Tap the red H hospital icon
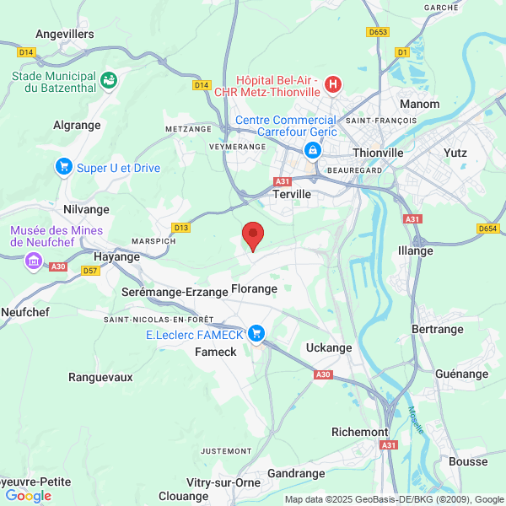point(333,83)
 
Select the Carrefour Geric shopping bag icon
point(313,150)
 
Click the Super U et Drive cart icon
point(63,167)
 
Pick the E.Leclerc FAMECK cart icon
point(256,335)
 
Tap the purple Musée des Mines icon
point(34,260)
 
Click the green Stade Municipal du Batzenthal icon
point(108,81)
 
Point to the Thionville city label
point(379,153)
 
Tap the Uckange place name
point(329,347)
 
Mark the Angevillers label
point(65,34)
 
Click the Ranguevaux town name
point(100,377)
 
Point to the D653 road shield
point(378,31)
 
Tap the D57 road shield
point(91,271)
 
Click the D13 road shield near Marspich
point(180,228)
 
